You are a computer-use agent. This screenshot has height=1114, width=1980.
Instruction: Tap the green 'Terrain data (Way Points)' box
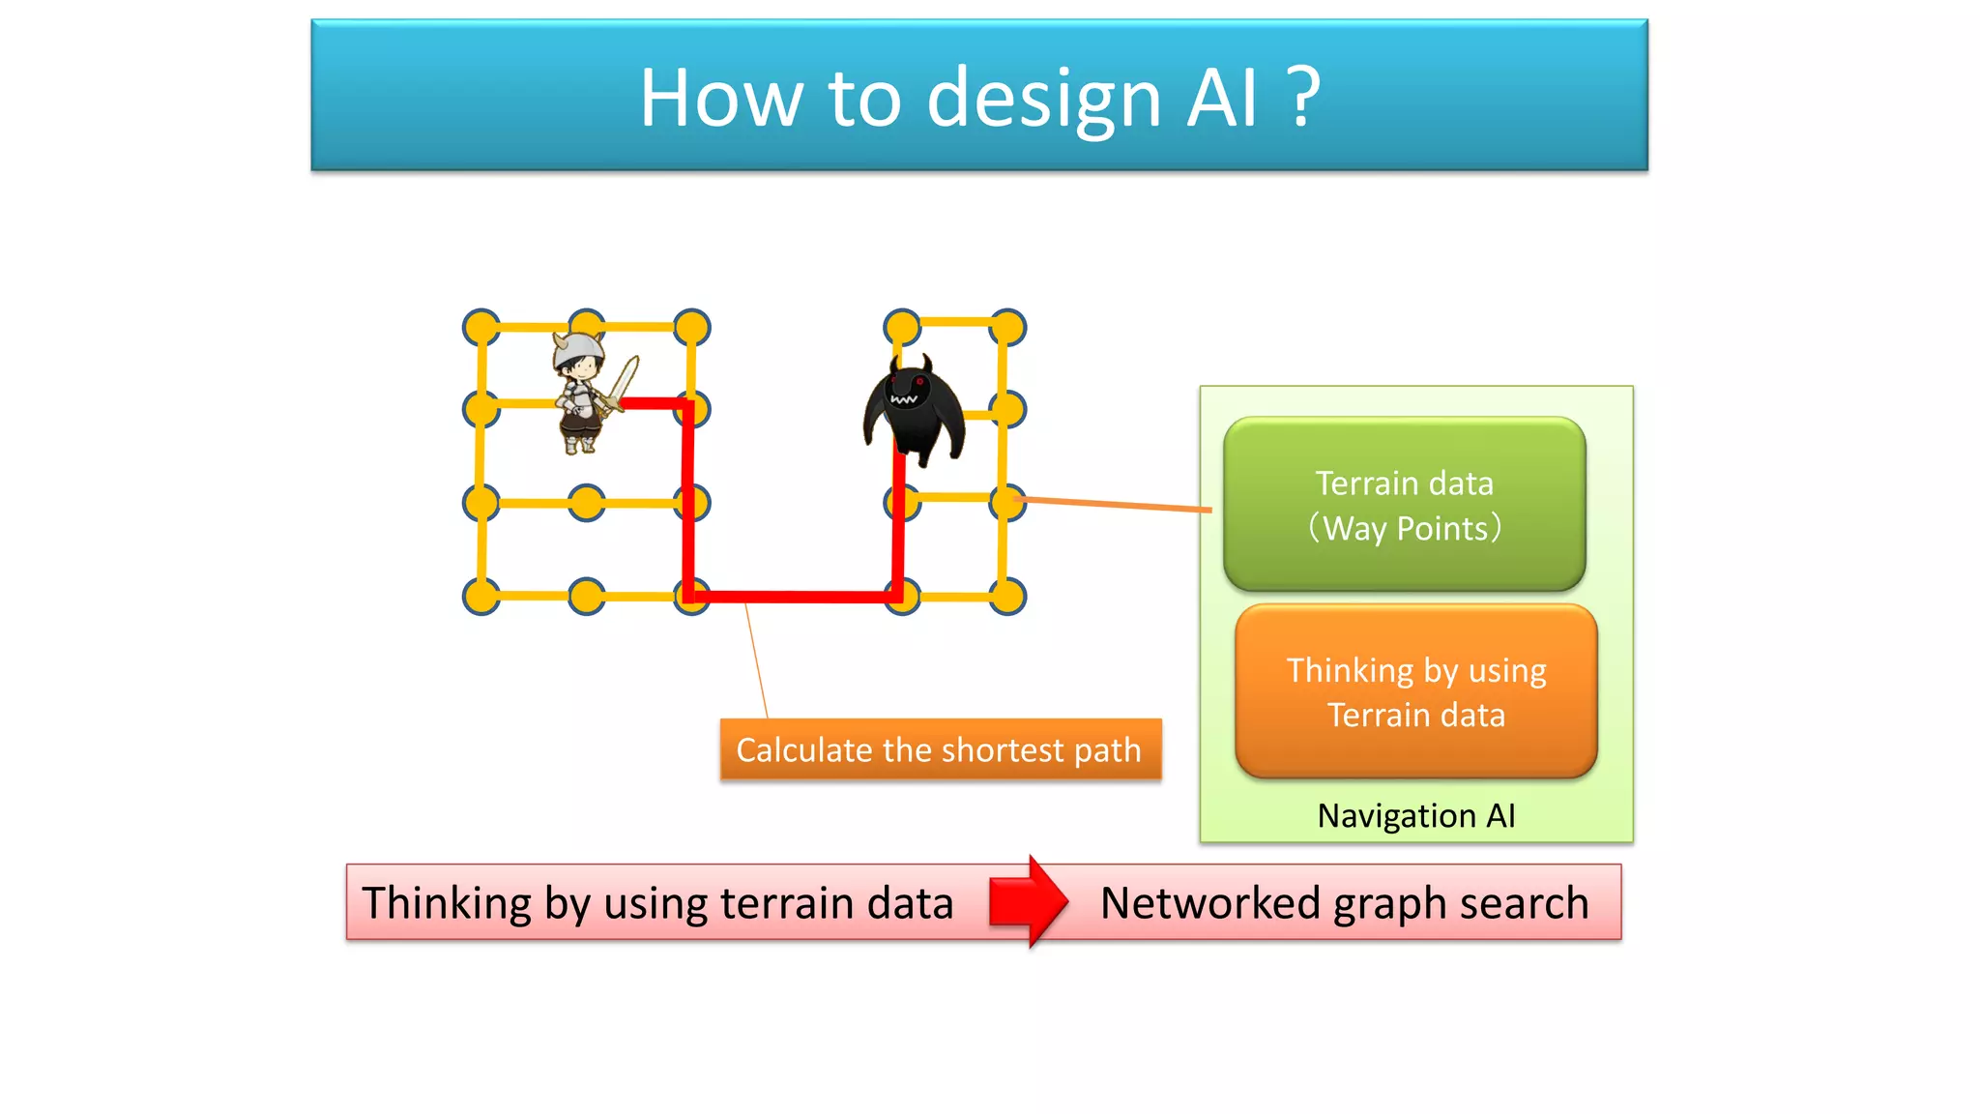1404,505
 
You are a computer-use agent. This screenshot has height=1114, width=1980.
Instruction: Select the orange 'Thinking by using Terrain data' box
1415,691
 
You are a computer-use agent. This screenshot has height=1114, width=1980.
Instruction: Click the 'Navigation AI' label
1415,816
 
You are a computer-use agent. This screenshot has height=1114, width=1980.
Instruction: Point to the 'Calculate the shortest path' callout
940,749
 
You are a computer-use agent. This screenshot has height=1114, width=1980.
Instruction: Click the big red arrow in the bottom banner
1029,901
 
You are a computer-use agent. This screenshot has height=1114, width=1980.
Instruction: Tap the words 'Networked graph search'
1344,903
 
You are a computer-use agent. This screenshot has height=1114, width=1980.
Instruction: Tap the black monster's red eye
919,382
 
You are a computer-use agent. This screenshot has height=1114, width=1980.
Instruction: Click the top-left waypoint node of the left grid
481,328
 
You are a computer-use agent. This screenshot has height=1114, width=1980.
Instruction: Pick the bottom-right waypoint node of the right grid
1007,597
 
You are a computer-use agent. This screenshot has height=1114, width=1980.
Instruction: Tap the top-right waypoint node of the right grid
1007,327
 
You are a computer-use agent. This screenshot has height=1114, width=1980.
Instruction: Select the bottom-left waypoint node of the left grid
481,597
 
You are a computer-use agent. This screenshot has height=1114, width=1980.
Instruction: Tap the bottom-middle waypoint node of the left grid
587,597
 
